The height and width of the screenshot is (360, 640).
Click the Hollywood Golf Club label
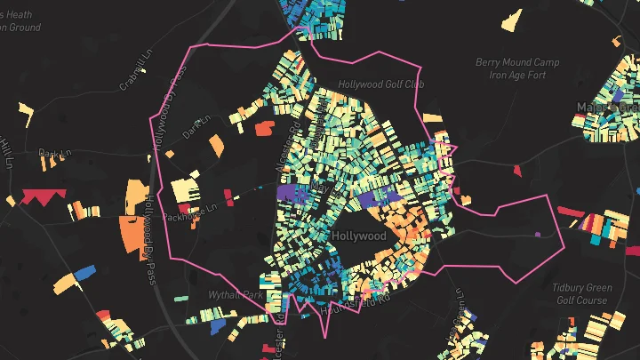(381, 84)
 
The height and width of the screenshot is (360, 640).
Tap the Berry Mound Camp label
(517, 63)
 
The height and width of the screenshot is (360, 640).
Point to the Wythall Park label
(236, 294)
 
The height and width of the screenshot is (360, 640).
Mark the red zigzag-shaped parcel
(37, 197)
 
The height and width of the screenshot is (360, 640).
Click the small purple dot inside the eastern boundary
(538, 235)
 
